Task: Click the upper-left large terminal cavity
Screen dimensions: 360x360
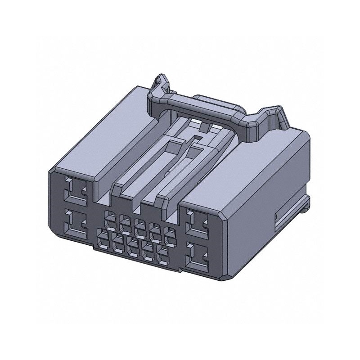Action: tap(74, 190)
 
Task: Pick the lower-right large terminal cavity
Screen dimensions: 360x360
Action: tap(197, 256)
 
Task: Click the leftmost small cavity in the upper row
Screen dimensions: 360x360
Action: tap(110, 216)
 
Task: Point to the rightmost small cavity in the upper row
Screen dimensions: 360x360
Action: tap(170, 233)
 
